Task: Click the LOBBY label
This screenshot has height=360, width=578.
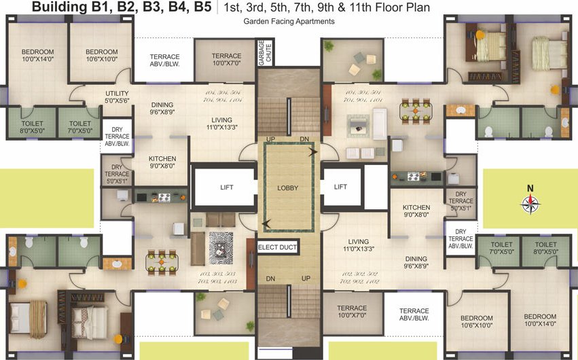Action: (289, 187)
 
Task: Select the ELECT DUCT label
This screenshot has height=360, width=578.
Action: (278, 247)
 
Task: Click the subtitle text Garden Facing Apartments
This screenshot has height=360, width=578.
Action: (289, 22)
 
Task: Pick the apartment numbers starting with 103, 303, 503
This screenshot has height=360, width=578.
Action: (217, 276)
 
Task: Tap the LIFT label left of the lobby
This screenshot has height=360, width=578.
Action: (226, 187)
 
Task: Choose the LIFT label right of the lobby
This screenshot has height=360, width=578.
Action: (340, 187)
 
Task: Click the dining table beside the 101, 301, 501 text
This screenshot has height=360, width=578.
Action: (414, 109)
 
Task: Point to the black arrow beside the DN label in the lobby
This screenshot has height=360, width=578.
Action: (312, 153)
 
